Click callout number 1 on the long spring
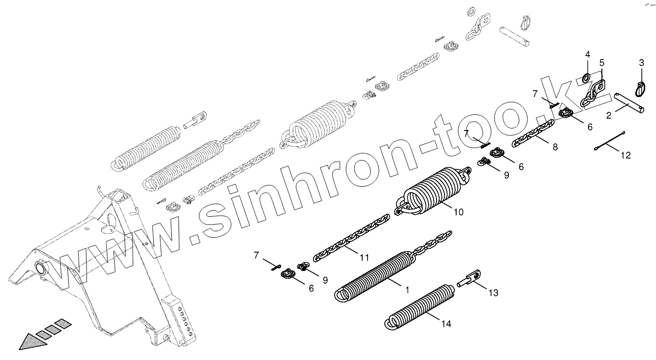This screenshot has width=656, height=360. tap(407, 290)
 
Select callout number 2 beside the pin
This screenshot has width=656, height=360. tap(609, 116)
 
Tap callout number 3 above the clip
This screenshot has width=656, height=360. tap(641, 63)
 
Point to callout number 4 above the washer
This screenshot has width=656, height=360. tap(587, 54)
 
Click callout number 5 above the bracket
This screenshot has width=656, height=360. tap(601, 63)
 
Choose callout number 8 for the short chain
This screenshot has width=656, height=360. tap(555, 147)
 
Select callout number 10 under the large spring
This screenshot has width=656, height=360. tap(458, 213)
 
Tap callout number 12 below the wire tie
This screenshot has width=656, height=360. tap(625, 156)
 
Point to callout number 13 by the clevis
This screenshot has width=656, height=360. tap(493, 293)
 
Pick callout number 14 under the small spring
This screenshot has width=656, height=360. tap(446, 324)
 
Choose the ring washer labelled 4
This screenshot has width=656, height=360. tap(587, 77)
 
